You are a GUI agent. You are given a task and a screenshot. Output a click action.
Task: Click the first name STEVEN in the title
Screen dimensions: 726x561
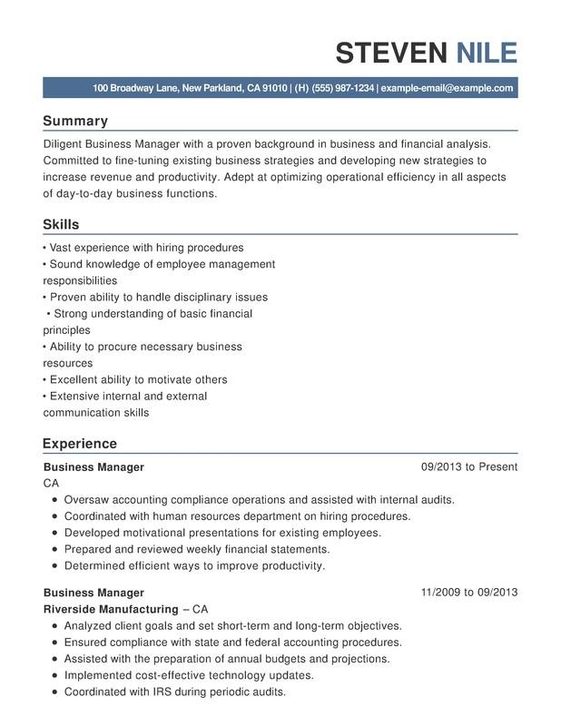tap(392, 53)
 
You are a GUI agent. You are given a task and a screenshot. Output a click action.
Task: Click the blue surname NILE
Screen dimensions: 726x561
tap(487, 53)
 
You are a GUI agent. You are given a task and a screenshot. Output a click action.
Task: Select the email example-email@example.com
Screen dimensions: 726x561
tap(448, 88)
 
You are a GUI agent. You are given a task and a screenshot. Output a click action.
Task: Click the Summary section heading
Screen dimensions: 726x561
tap(75, 121)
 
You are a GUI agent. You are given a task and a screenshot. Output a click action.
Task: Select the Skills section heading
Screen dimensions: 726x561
tap(61, 224)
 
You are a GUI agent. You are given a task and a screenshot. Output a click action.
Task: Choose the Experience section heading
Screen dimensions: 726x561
tap(80, 444)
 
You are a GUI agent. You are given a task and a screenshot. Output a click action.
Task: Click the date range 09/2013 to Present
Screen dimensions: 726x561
tap(469, 466)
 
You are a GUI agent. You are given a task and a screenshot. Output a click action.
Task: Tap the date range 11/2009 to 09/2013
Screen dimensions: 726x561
tap(469, 593)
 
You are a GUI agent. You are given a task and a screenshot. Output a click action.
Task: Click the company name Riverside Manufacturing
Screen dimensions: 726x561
tap(111, 609)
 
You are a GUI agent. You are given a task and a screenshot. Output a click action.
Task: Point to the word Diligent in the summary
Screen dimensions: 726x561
tap(65, 144)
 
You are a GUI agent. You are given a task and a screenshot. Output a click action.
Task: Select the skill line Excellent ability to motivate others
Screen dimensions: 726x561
tap(138, 379)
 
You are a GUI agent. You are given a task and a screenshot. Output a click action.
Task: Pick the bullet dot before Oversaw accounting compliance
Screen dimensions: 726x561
tap(55, 500)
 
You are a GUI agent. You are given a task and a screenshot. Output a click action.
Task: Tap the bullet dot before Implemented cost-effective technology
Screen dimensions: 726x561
tap(55, 675)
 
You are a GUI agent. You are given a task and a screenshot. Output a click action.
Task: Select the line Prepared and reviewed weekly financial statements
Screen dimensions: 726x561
tap(197, 549)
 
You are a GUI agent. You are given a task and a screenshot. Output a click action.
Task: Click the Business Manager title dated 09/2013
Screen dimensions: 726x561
tap(93, 466)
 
